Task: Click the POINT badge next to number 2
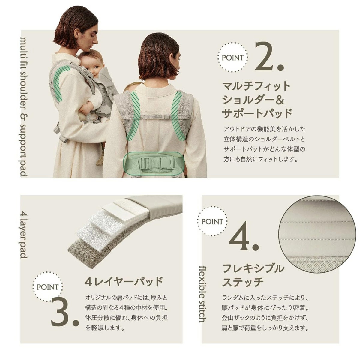(x=232, y=57)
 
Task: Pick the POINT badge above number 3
(x=48, y=287)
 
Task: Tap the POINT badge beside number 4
(x=212, y=222)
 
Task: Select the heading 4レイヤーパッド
(x=124, y=282)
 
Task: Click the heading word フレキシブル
(x=253, y=268)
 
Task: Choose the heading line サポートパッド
(x=257, y=113)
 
